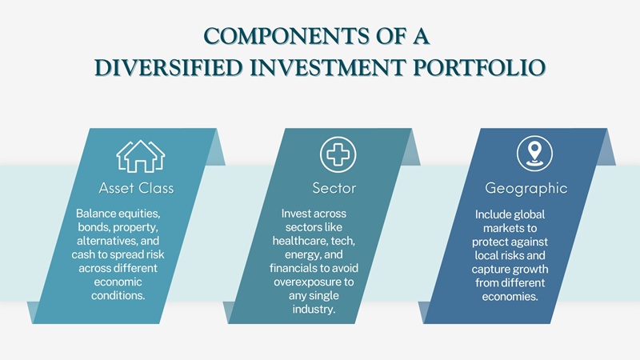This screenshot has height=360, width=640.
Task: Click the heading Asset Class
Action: click(x=136, y=189)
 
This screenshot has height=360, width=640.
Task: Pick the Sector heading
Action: click(x=334, y=189)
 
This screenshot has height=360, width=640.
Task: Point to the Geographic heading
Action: click(x=526, y=189)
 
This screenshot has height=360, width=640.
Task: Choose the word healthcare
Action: click(x=303, y=241)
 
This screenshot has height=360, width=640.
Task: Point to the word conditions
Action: click(x=118, y=295)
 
